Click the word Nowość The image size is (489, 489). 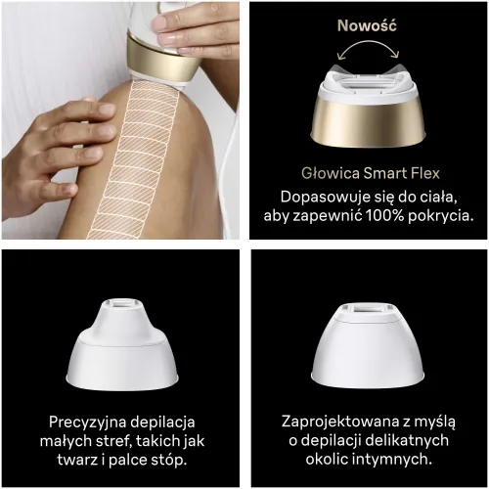[x=367, y=25]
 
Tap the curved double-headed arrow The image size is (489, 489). [x=368, y=42]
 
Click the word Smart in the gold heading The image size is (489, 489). [x=384, y=173]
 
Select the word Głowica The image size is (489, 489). [x=331, y=173]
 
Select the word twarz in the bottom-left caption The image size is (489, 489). [x=77, y=460]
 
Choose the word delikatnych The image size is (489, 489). [x=407, y=440]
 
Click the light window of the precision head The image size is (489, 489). [x=122, y=303]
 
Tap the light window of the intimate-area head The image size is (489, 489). [x=370, y=308]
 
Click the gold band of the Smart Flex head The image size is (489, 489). [x=368, y=121]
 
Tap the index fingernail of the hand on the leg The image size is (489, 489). [x=107, y=109]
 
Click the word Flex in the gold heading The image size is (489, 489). [x=424, y=173]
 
